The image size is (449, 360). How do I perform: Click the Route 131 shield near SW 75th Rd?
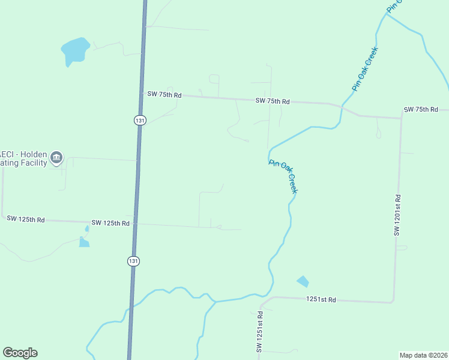click(139, 120)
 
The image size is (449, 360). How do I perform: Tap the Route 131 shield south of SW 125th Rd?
click(133, 261)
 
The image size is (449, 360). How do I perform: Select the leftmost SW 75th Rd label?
click(164, 94)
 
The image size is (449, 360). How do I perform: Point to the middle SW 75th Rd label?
click(273, 101)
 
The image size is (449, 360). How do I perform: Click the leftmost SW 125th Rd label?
click(26, 220)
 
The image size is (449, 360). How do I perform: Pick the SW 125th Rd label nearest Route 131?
click(110, 223)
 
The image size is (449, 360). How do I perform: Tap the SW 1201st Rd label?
click(397, 214)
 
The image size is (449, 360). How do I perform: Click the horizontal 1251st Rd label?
click(321, 299)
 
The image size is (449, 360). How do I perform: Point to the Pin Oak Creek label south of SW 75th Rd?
click(283, 176)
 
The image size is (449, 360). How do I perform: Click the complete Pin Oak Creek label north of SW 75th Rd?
click(365, 69)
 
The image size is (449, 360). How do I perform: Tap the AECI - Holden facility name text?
click(24, 158)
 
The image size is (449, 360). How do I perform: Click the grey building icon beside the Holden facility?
click(56, 158)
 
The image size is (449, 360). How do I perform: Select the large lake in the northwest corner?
click(75, 51)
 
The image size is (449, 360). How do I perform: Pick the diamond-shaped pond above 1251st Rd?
click(303, 281)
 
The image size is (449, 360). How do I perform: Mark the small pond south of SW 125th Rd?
click(83, 242)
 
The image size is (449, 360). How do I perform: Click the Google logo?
click(20, 353)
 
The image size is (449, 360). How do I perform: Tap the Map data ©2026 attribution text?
click(423, 355)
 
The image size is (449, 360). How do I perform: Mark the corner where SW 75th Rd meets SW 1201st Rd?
click(400, 118)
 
